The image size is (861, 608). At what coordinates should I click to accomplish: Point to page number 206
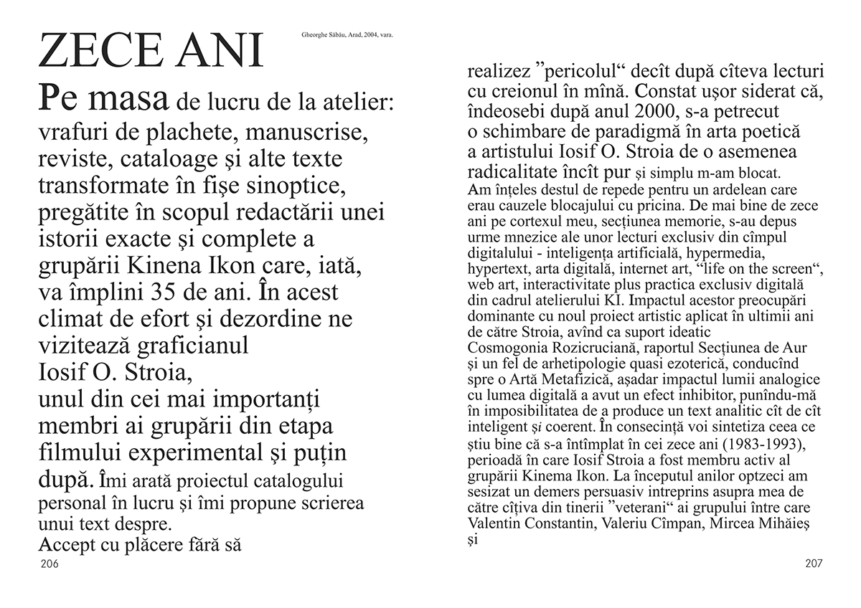[49, 564]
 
